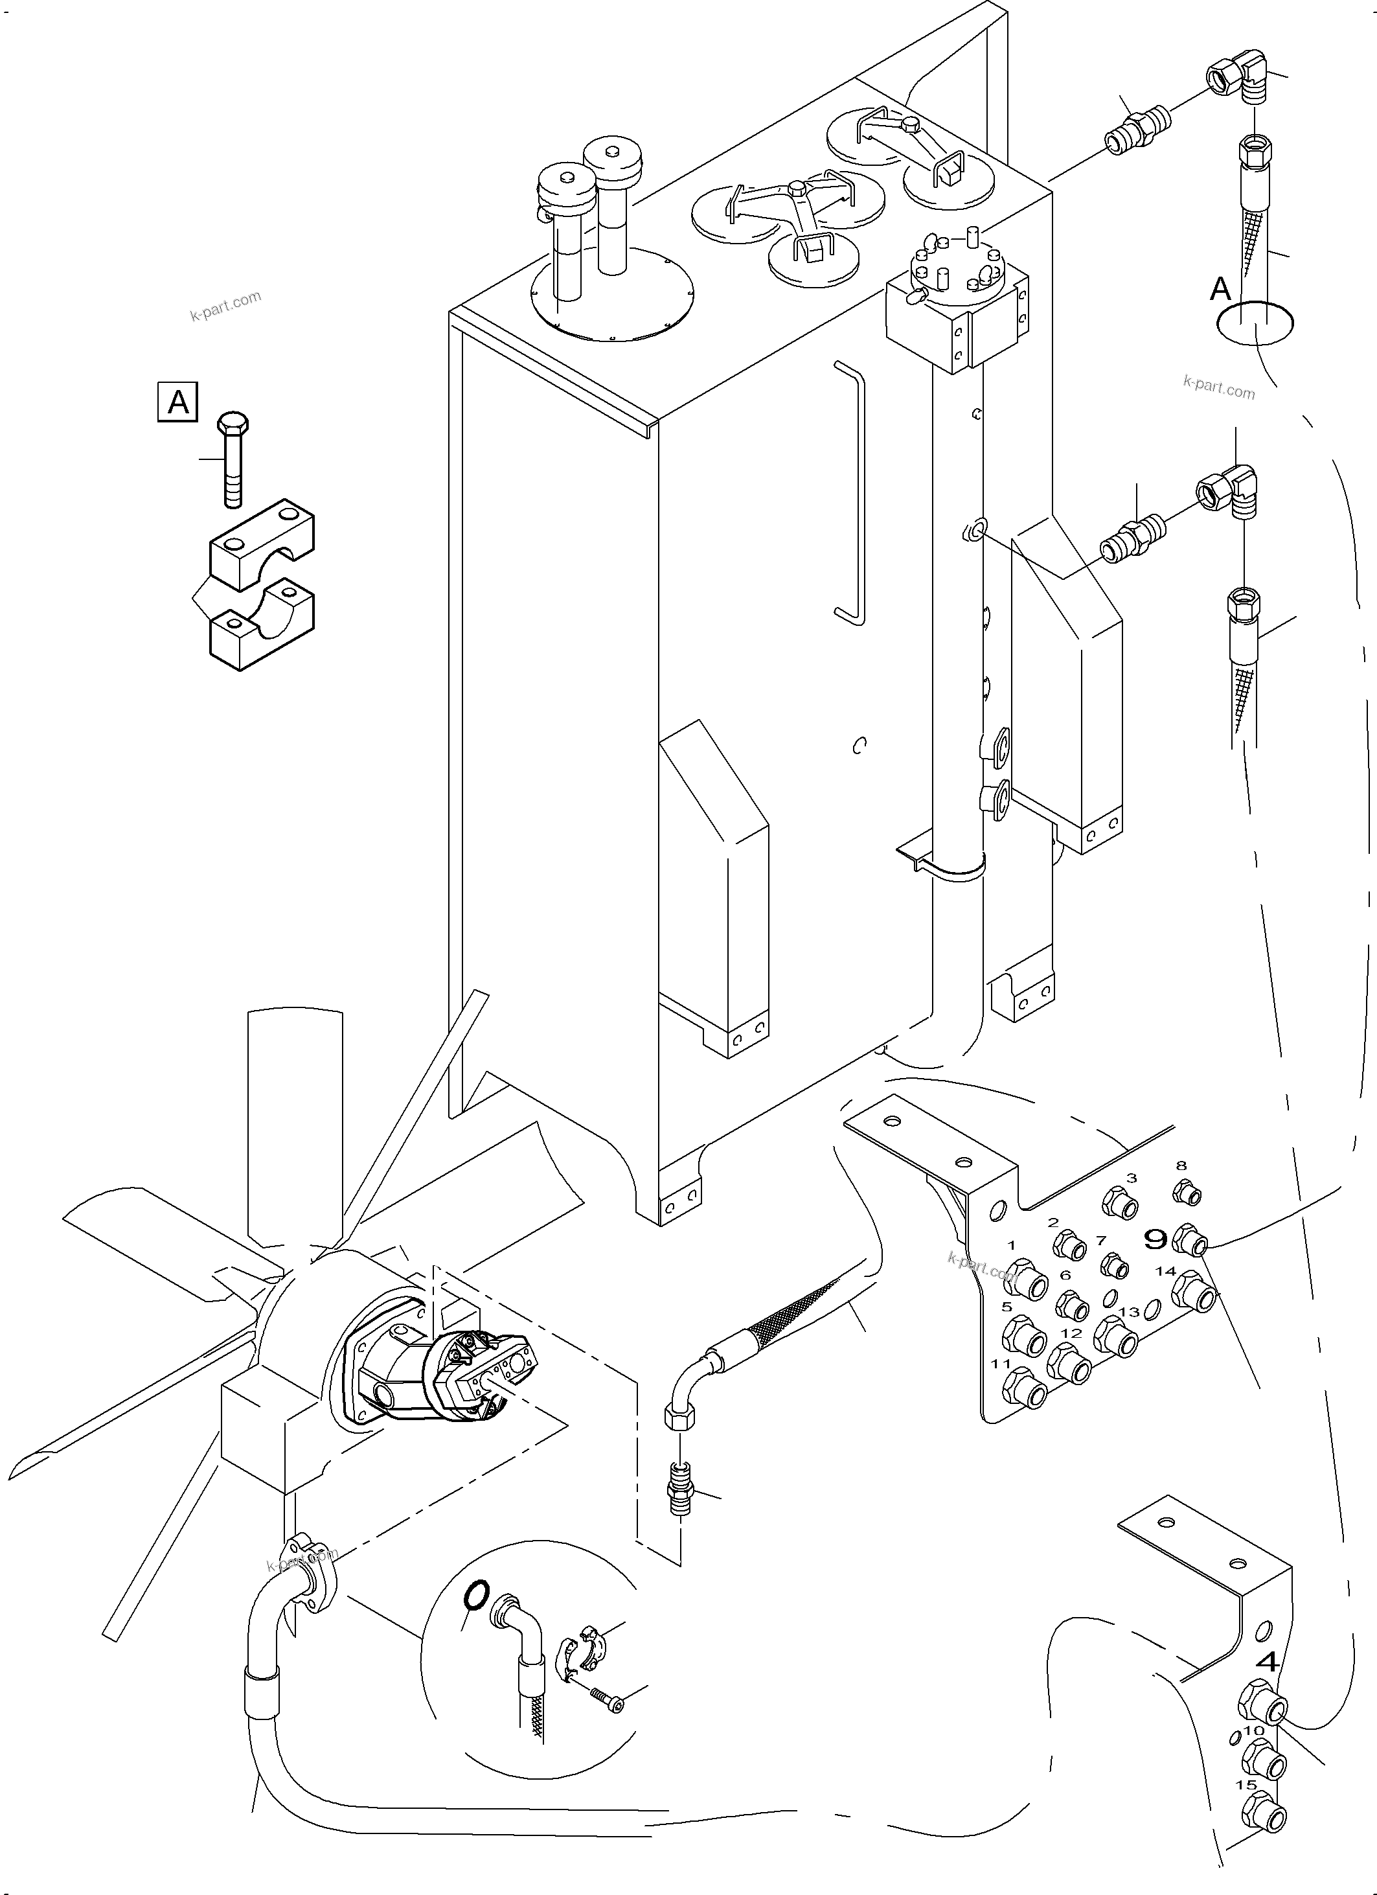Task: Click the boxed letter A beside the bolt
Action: [177, 403]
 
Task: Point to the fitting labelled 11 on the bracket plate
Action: [1026, 1391]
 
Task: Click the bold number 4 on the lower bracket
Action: [1268, 1662]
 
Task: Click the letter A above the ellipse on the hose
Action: [1221, 289]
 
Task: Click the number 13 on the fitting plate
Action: [1129, 1313]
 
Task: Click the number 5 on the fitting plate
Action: [1007, 1307]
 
